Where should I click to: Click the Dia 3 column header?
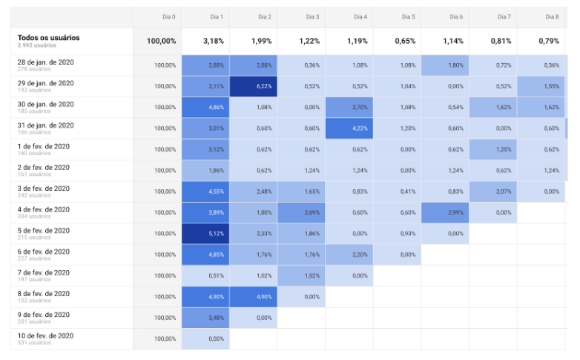click(312, 16)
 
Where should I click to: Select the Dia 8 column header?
click(552, 16)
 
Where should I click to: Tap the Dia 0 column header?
click(168, 16)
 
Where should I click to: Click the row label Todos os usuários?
click(48, 38)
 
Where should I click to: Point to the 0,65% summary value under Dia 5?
click(405, 41)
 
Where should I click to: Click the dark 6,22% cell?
click(254, 86)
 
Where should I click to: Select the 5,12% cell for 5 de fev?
click(205, 233)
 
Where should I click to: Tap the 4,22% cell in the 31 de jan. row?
click(349, 128)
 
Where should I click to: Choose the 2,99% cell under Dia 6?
click(445, 212)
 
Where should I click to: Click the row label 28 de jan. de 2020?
click(45, 62)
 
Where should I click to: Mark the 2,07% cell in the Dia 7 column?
click(492, 192)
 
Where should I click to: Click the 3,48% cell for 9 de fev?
click(205, 318)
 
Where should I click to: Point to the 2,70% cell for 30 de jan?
click(349, 108)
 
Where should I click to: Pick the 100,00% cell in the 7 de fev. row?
click(165, 275)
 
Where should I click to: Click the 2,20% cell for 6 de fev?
click(349, 255)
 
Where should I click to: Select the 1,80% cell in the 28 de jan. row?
click(445, 65)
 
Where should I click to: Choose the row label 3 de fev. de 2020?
click(44, 189)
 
